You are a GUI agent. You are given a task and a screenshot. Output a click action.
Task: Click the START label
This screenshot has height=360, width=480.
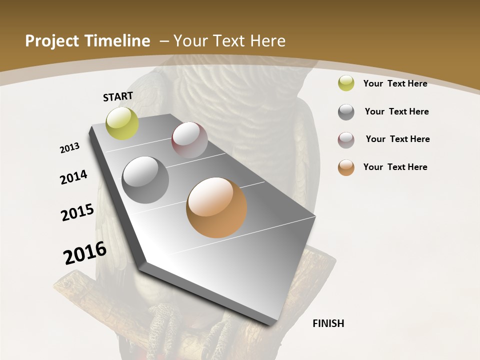pos(118,96)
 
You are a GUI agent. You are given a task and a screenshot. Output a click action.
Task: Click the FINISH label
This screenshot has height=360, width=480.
pos(328,323)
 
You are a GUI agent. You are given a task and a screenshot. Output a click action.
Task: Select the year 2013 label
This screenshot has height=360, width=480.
pos(70,147)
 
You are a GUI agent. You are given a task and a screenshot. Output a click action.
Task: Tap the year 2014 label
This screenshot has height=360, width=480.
pos(74,177)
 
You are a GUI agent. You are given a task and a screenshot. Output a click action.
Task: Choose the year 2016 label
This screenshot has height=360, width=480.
pos(85,253)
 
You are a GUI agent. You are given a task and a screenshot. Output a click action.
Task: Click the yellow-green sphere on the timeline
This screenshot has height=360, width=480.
pos(122,123)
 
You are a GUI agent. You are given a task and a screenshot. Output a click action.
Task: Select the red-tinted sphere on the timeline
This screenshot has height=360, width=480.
pos(189,140)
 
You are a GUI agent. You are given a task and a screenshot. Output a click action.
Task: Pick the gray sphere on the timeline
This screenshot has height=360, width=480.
pos(145,180)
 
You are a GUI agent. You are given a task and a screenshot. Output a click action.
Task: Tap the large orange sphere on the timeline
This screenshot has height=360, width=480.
pos(216,207)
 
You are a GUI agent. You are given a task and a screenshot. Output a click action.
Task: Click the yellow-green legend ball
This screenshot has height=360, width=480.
pos(346,83)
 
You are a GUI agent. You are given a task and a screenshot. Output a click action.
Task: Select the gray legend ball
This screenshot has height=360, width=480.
pos(346,112)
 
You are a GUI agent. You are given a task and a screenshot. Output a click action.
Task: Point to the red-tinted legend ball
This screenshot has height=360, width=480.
pos(346,140)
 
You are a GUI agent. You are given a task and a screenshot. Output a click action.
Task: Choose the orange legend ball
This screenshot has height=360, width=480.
pos(346,167)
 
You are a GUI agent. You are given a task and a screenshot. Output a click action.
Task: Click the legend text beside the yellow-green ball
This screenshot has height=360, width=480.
pos(395,83)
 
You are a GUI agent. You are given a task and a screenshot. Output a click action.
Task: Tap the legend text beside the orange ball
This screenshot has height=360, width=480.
pos(395,167)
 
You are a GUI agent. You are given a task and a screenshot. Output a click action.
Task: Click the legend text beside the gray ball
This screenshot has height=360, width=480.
pos(396,111)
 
